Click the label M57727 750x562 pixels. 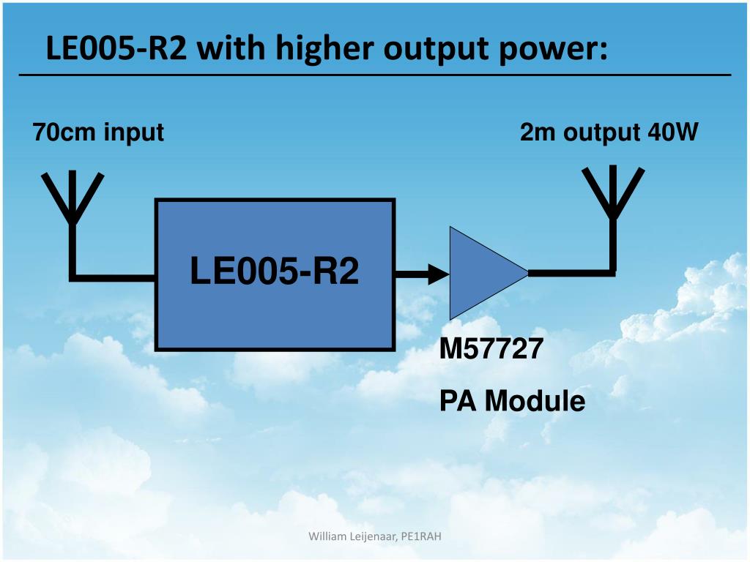click(x=491, y=350)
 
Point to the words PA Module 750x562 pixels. click(x=512, y=401)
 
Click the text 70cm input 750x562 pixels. click(x=97, y=133)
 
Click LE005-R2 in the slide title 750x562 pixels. click(x=116, y=50)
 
